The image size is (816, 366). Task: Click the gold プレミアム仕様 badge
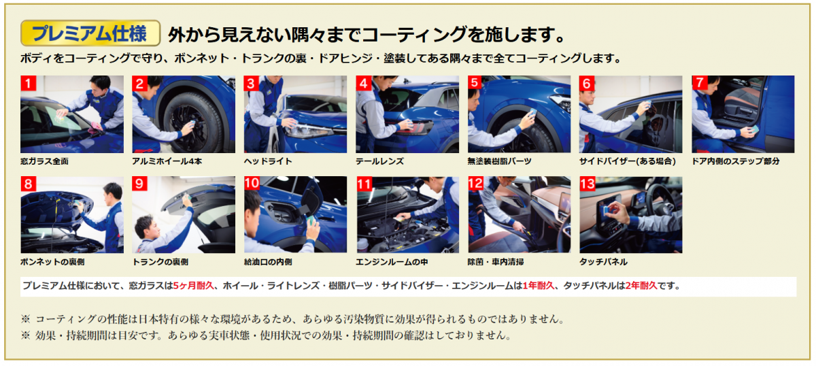[90, 33]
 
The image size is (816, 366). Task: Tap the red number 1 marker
[28, 83]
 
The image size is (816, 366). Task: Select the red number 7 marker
[700, 83]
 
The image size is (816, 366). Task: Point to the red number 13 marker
[588, 184]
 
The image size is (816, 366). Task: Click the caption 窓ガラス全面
[44, 161]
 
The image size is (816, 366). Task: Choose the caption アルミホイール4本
[167, 161]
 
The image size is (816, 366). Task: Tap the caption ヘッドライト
[268, 161]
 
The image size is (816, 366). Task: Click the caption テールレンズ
[379, 161]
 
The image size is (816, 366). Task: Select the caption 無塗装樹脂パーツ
[499, 161]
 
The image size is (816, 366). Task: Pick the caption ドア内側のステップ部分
[736, 161]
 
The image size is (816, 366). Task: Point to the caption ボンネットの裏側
[52, 262]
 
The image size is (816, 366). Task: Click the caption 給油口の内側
[268, 262]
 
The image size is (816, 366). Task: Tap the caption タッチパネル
[603, 262]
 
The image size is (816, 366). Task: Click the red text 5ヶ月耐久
[193, 286]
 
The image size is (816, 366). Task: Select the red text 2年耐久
[641, 286]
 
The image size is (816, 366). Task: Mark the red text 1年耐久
[539, 286]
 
